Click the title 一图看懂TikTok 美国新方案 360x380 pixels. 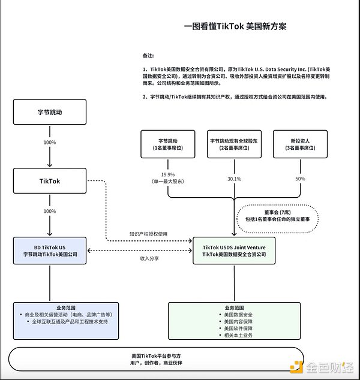[235, 26]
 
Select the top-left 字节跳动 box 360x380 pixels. [50, 112]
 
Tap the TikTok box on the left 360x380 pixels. [50, 180]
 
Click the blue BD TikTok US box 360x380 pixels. [50, 251]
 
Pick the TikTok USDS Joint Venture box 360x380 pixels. [235, 251]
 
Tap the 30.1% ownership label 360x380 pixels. [234, 179]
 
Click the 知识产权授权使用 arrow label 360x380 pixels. [149, 234]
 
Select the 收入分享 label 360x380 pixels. [149, 258]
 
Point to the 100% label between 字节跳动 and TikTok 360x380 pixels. [50, 143]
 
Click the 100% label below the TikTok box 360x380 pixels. [50, 212]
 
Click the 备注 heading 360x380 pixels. [148, 56]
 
